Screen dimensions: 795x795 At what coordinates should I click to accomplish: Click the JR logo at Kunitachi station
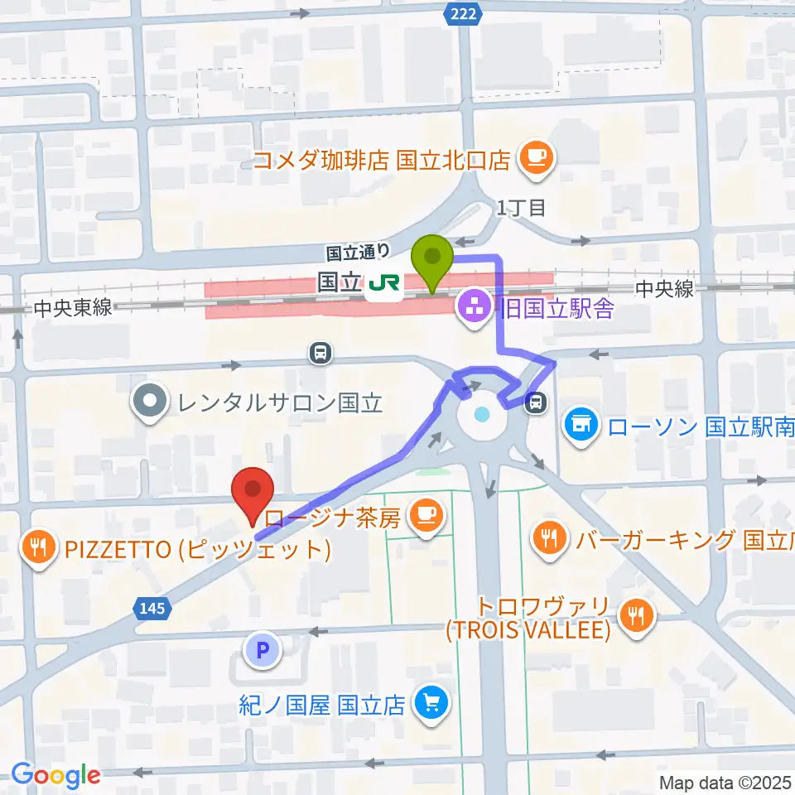pos(383,285)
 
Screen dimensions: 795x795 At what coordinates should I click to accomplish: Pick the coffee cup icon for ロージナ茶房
pos(426,518)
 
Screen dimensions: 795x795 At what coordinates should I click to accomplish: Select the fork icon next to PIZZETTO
pos(38,547)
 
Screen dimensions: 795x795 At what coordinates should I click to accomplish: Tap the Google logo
pos(56,774)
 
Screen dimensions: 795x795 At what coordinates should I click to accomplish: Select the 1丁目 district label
pos(522,208)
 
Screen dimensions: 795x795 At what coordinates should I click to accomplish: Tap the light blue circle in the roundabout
pos(483,414)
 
